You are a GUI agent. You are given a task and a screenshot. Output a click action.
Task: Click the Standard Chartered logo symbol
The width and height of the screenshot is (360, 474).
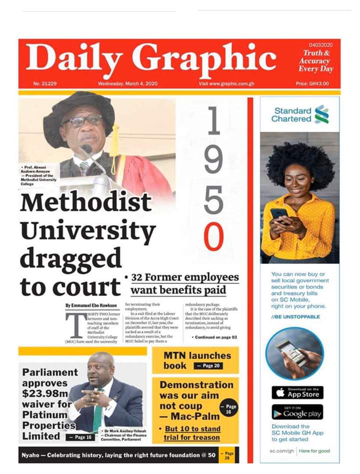click(321, 114)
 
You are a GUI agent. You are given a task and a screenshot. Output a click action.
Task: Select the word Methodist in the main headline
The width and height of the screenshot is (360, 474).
click(85, 202)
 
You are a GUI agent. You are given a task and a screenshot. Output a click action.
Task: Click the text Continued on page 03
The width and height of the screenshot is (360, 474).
click(215, 338)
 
